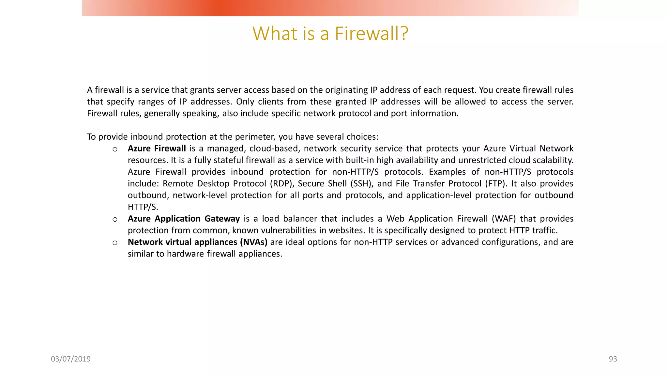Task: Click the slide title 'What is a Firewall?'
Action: point(330,33)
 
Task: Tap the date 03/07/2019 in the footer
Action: point(71,359)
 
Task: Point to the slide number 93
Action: point(613,359)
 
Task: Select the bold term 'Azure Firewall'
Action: point(157,149)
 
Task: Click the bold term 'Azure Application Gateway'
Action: point(184,219)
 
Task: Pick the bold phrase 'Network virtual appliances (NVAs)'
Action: point(197,242)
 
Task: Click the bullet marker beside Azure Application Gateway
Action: point(115,219)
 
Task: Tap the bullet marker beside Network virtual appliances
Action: point(115,243)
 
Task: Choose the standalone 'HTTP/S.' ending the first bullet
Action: point(143,207)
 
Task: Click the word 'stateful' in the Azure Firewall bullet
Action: point(228,160)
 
